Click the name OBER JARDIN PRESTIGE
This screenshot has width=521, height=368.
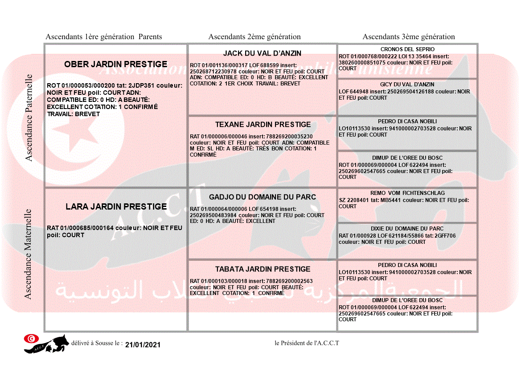[x=116, y=64]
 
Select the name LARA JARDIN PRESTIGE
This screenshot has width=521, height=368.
[x=116, y=206]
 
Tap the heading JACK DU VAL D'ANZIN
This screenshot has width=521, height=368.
[x=262, y=53]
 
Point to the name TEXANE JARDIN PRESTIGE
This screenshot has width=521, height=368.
[x=263, y=125]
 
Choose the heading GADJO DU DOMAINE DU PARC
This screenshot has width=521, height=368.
[x=263, y=197]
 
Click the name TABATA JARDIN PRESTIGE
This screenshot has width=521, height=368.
[x=263, y=269]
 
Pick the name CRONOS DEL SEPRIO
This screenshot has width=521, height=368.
[x=407, y=49]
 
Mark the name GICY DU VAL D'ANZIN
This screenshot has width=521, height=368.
[x=407, y=85]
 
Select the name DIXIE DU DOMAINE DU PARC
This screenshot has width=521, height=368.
[x=407, y=229]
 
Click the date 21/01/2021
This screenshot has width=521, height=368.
[x=143, y=345]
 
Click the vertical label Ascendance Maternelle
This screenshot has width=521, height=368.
[x=28, y=254]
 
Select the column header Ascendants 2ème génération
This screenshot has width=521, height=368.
[x=254, y=37]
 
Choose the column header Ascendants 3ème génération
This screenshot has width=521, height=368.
[x=409, y=37]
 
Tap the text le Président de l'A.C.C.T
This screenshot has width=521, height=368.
[x=307, y=343]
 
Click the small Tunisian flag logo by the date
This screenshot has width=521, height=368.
[x=31, y=339]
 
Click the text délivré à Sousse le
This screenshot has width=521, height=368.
[x=97, y=344]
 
